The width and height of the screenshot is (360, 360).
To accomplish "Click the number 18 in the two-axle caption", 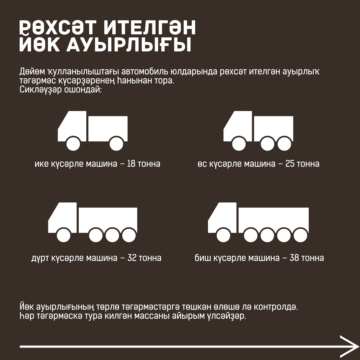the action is (131, 164).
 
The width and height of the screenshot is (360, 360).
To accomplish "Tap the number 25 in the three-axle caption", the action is (290, 164).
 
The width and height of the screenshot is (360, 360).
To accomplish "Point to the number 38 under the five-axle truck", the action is (294, 258).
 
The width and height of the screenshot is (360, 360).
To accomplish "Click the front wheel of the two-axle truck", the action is (73, 144).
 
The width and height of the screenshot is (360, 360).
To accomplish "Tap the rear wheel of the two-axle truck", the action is (116, 144).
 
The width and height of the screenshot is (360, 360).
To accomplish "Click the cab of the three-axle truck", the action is (238, 126).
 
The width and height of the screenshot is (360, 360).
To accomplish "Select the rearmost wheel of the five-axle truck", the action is (301, 235).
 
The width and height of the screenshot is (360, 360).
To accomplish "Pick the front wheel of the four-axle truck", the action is (64, 235).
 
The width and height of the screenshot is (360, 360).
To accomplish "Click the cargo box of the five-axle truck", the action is (273, 220).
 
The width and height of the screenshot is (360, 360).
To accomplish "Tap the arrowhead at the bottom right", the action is (349, 346).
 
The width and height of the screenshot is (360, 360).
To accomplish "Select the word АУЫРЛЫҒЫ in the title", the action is (129, 45).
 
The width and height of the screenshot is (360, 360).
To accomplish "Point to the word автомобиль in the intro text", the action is (145, 72).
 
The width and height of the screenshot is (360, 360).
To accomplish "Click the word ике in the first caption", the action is (42, 164).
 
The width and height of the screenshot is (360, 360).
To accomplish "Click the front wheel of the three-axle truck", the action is (239, 144).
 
